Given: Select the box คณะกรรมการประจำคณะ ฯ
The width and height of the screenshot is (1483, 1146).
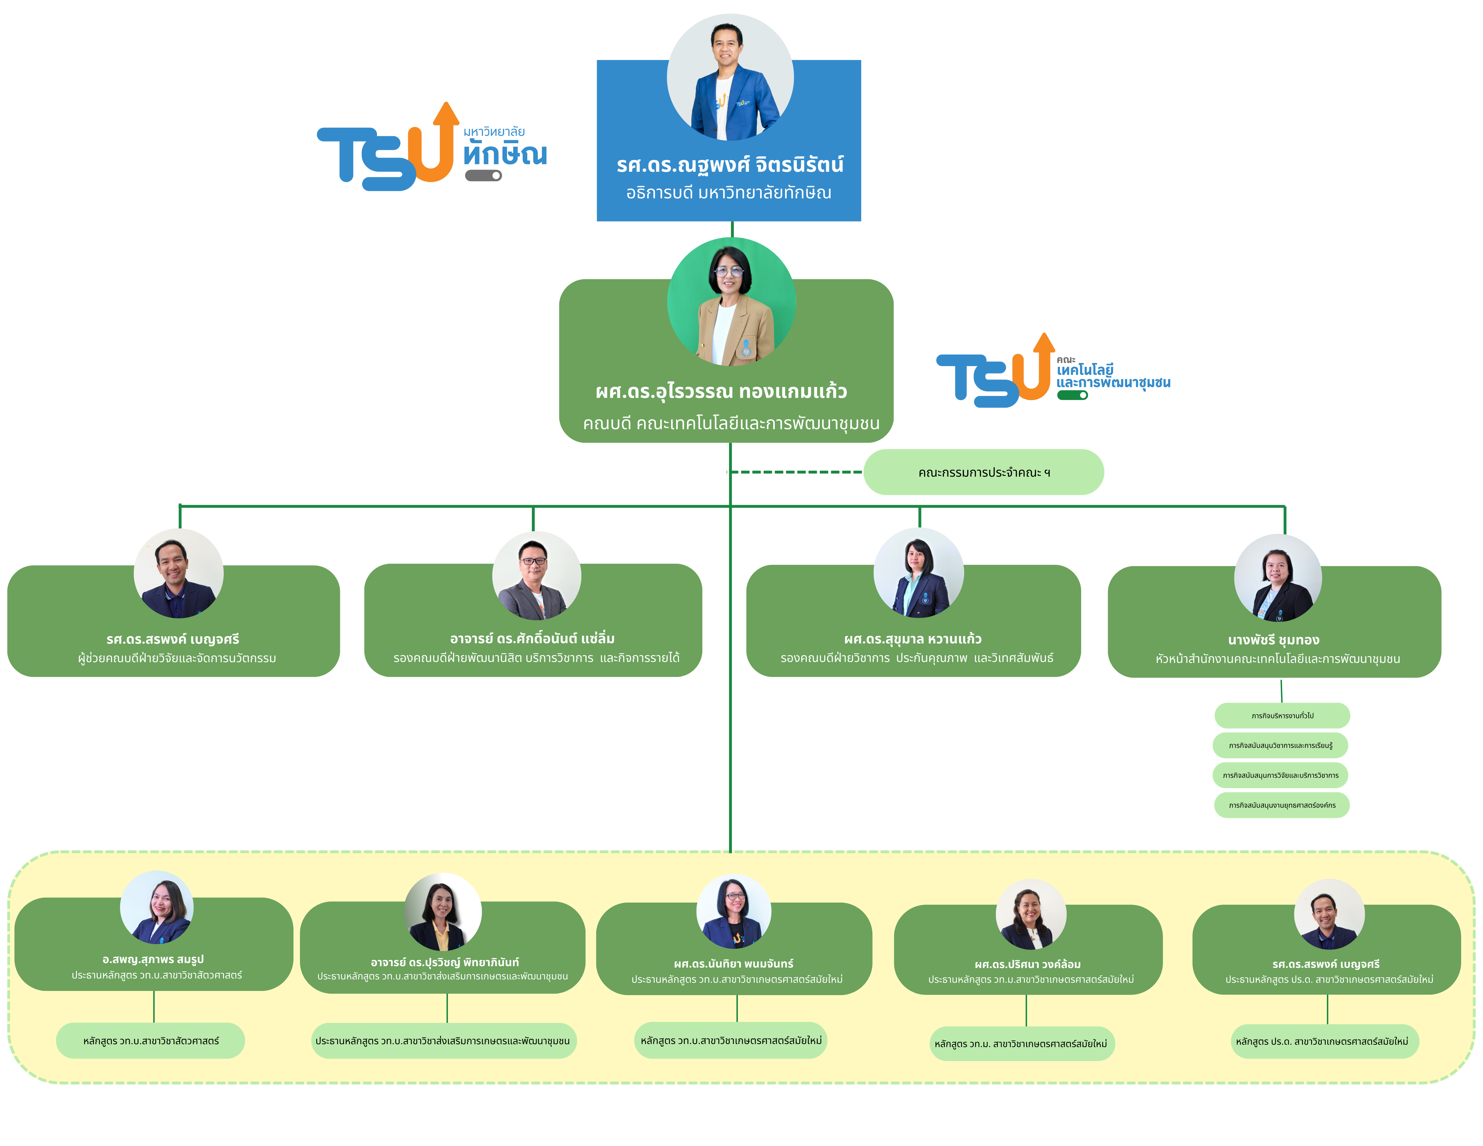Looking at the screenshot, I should [983, 472].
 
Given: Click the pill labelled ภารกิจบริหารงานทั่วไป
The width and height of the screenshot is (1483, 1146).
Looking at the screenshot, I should [1282, 715].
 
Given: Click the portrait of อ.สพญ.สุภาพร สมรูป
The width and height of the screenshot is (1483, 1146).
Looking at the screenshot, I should [157, 907].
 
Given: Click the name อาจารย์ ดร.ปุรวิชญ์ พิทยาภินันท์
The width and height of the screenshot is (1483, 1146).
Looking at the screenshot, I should [445, 962].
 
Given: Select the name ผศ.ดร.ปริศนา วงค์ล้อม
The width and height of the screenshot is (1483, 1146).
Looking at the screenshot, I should [1027, 964].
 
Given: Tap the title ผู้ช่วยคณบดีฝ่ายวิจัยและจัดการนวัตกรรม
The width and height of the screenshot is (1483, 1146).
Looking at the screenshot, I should [177, 658].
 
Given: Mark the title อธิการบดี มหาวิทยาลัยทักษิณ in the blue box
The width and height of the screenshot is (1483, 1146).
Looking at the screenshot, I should [729, 193].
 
